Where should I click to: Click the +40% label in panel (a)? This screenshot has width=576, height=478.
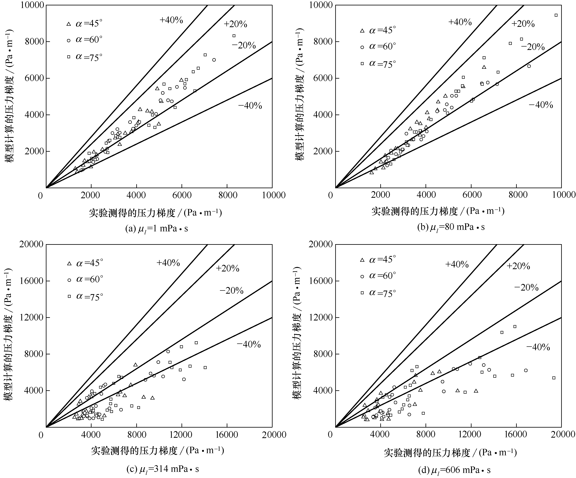(x=171, y=20)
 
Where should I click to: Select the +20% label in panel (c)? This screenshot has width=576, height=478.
(x=227, y=268)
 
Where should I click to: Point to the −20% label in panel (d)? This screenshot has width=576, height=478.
(x=526, y=287)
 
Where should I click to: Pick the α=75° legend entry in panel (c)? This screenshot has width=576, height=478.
(x=85, y=297)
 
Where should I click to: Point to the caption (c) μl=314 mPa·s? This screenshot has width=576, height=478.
(x=162, y=469)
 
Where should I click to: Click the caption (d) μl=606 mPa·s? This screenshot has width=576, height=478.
(x=454, y=470)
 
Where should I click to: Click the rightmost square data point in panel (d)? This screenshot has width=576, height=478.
(x=554, y=378)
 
